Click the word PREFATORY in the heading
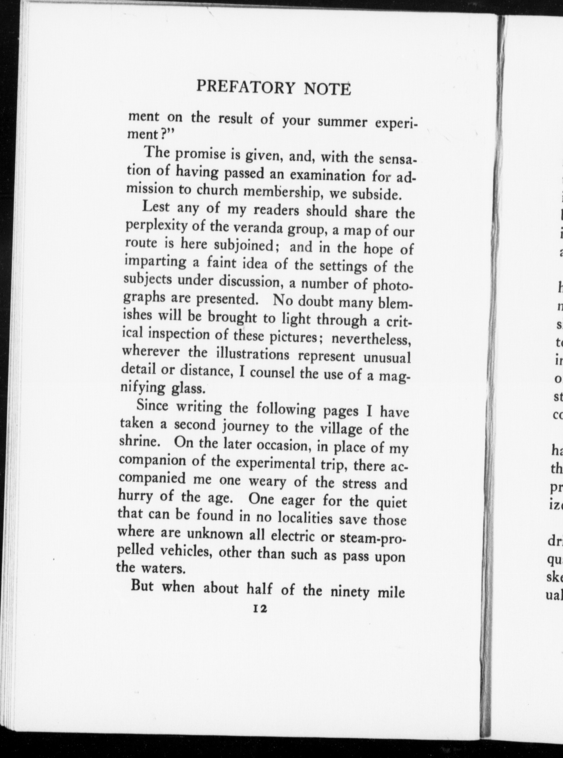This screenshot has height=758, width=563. (x=247, y=87)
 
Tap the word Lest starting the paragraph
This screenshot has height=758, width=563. (x=156, y=207)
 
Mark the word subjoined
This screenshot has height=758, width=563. (x=244, y=246)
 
